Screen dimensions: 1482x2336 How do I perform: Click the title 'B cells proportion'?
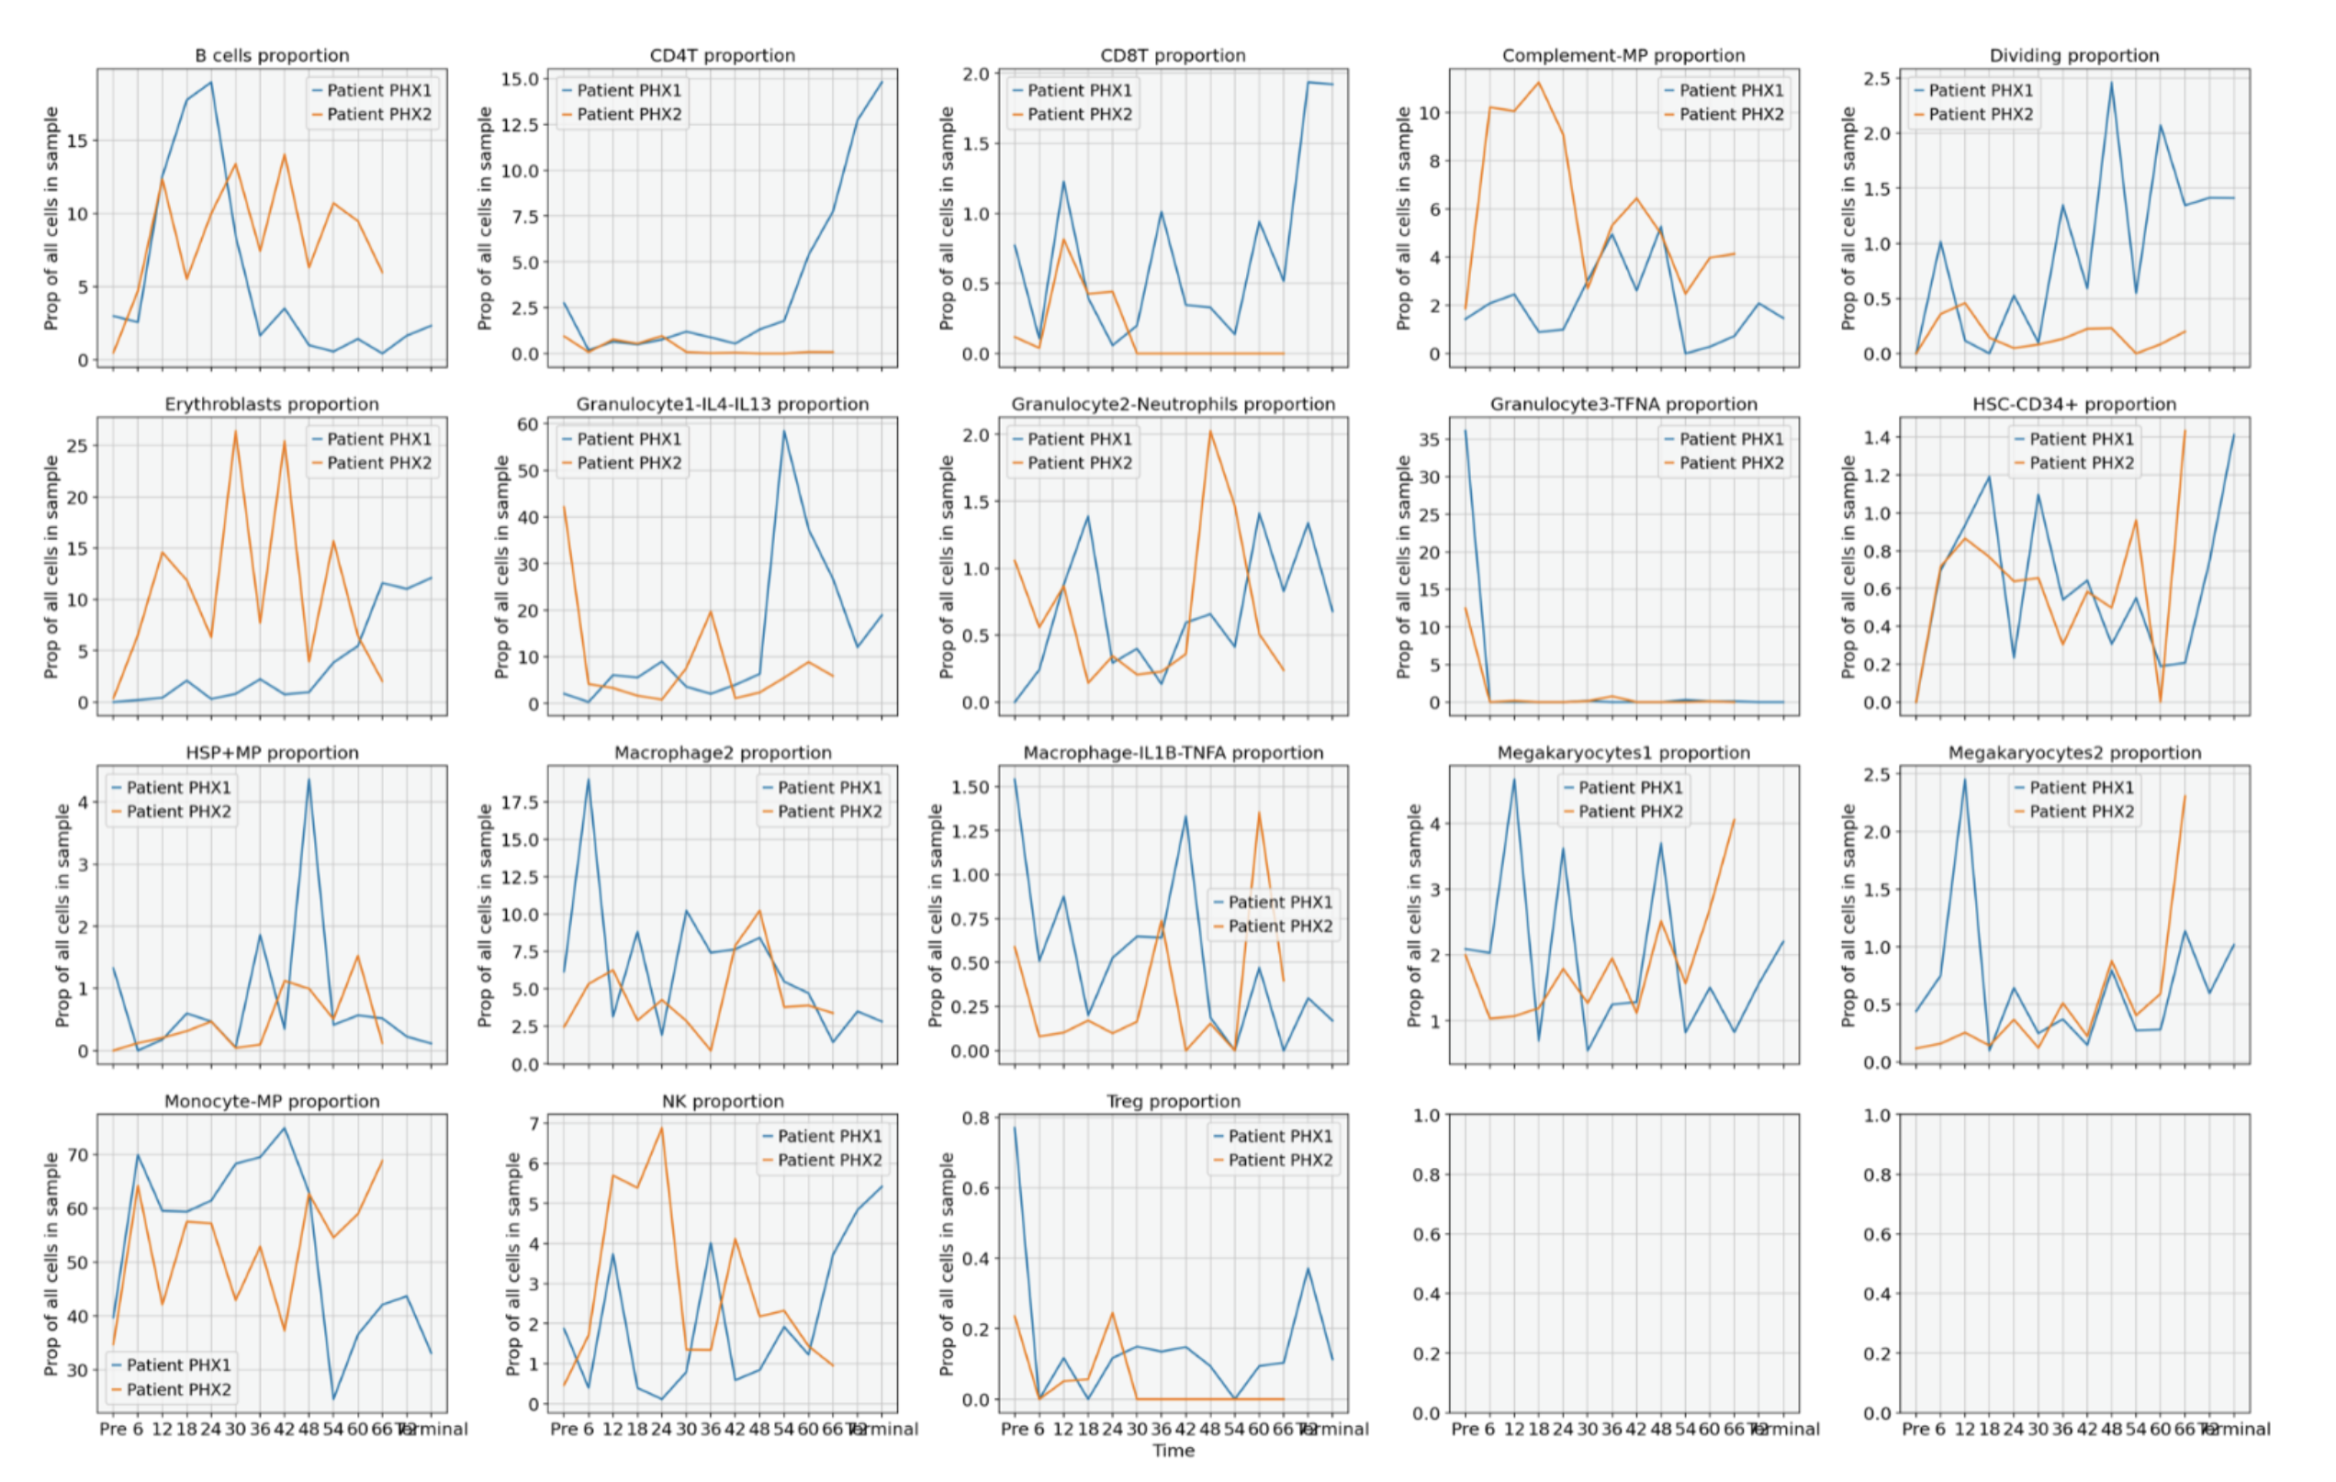(272, 55)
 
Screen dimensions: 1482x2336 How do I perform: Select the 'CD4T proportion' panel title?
(722, 55)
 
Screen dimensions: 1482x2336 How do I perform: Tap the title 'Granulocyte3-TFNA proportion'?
(1623, 403)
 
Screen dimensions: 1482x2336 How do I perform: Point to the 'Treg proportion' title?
(1173, 1101)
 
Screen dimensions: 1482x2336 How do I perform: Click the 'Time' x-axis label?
(1173, 1450)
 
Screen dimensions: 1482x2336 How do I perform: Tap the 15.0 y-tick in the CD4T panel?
(519, 79)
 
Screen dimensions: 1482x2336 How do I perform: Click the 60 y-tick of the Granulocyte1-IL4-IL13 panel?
(527, 424)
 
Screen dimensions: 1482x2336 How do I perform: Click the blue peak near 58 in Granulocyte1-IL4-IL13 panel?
(784, 432)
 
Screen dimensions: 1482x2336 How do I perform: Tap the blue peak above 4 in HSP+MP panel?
(309, 780)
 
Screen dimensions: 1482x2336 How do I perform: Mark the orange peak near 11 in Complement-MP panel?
(1539, 83)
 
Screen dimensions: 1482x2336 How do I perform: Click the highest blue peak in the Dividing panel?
(2111, 83)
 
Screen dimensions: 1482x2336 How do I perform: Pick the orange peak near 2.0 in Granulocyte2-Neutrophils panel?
(1209, 432)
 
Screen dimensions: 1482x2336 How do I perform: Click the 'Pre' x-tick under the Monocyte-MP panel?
(113, 1429)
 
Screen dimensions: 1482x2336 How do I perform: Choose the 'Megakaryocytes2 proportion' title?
(2074, 753)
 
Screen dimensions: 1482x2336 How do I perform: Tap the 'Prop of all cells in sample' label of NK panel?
(512, 1263)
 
